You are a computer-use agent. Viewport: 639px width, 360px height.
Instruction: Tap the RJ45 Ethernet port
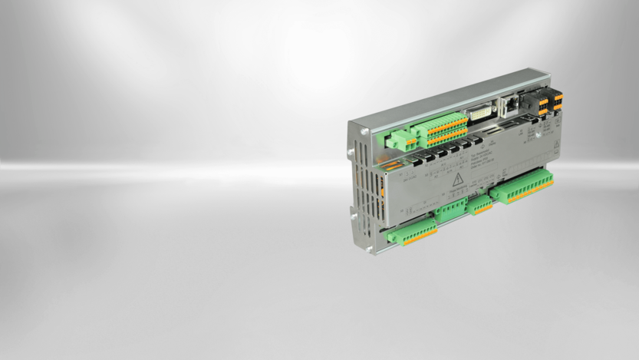click(x=509, y=104)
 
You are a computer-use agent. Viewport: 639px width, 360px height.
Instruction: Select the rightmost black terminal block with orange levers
click(x=557, y=101)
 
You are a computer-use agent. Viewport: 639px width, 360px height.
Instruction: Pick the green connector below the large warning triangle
click(x=450, y=211)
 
